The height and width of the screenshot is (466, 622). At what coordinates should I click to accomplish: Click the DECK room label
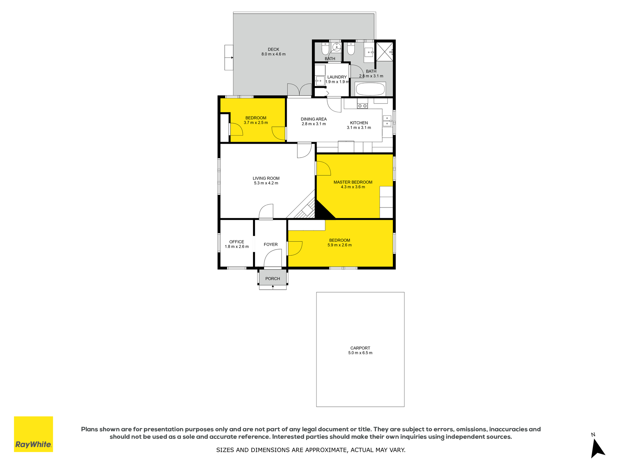273,50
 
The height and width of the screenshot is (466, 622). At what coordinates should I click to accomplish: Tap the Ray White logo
33,434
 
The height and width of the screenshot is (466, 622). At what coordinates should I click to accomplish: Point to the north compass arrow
597,449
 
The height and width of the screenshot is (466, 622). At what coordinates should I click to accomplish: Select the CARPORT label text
360,348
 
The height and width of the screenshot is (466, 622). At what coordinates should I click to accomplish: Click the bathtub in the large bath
370,89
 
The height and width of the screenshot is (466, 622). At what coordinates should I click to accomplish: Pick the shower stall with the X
385,51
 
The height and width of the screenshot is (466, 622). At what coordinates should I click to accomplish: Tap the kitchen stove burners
362,106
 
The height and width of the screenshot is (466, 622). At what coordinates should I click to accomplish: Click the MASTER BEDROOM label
353,182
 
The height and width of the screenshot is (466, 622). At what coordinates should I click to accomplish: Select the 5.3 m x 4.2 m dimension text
266,183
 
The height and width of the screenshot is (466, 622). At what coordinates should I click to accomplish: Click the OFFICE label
236,242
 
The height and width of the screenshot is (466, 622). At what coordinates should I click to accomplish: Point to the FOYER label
271,245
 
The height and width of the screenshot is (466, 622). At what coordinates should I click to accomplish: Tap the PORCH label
272,279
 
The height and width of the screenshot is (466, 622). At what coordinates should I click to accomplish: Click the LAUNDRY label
337,77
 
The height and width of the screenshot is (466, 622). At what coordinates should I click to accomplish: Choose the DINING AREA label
314,119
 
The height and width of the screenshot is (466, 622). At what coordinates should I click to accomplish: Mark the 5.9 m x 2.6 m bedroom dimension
340,245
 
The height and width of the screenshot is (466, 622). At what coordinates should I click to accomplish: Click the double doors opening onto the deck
299,90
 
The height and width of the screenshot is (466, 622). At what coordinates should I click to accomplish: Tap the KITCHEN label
359,123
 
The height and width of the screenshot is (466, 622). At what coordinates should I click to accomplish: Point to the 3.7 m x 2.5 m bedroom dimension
256,123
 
